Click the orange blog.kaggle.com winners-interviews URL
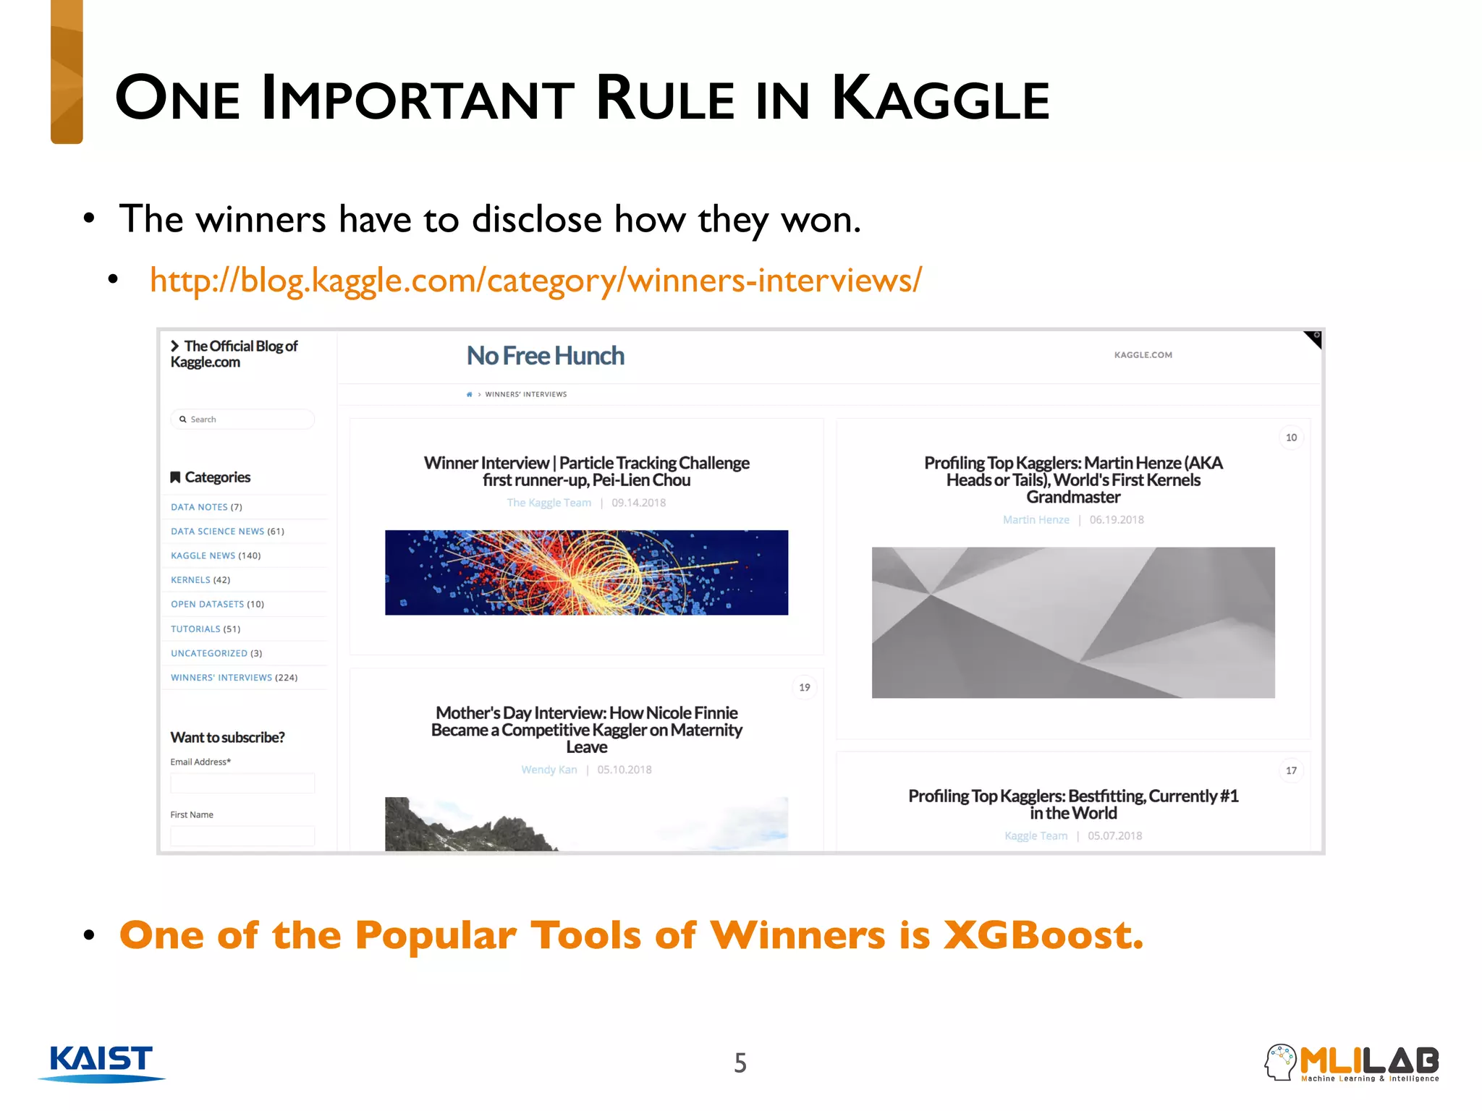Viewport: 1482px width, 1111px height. [x=535, y=280]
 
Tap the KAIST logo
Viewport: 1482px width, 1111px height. [x=101, y=1062]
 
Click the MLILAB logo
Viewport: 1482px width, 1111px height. [x=1352, y=1063]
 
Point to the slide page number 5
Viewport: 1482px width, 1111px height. [x=740, y=1063]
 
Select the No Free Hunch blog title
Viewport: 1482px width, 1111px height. [x=545, y=356]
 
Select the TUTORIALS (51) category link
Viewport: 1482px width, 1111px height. [x=206, y=629]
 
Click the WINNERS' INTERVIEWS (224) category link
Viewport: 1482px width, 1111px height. [x=234, y=678]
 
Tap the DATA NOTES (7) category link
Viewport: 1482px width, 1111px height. [x=206, y=507]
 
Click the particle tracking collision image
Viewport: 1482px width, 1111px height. [x=586, y=573]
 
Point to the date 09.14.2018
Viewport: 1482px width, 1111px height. [x=638, y=503]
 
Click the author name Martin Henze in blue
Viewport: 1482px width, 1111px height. [x=1036, y=520]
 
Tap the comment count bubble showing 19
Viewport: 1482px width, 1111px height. [x=804, y=687]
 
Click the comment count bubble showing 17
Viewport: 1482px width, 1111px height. [x=1291, y=770]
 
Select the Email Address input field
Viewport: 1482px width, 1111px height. [x=242, y=783]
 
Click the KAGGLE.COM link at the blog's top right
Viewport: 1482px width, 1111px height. [x=1143, y=355]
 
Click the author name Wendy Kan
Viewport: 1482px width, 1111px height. [x=549, y=770]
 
